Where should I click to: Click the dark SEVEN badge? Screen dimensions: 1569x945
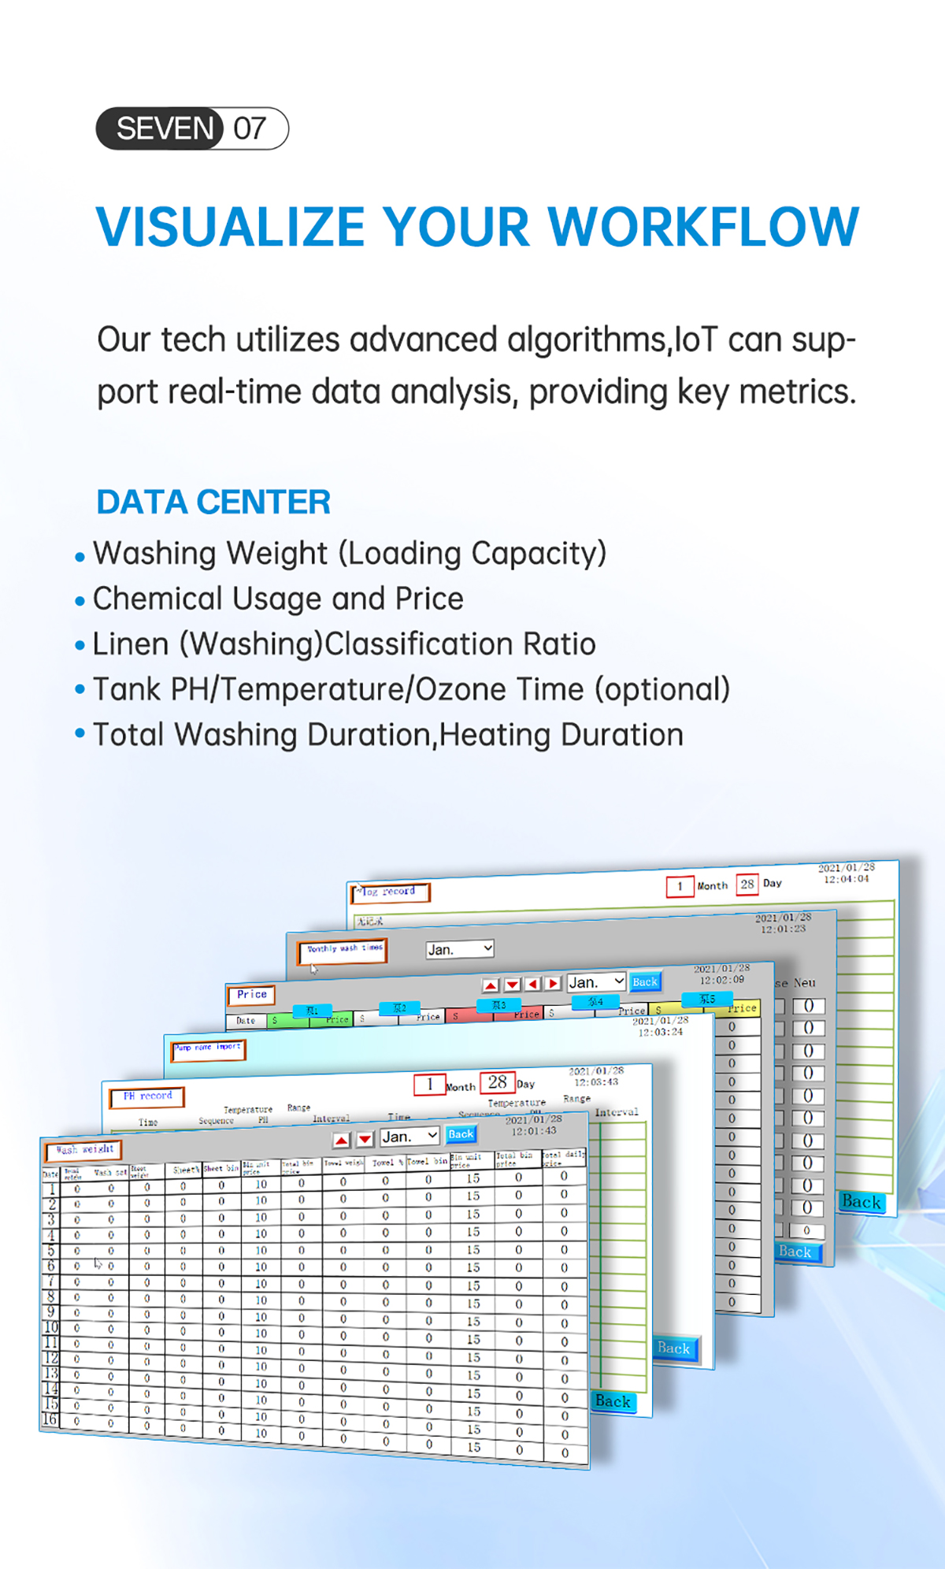coord(161,128)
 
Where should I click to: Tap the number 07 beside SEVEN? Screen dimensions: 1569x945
coord(250,128)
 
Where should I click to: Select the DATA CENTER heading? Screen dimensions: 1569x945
coord(213,502)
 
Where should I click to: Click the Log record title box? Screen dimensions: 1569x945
coord(390,892)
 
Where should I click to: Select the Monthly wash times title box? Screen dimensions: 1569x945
coord(343,950)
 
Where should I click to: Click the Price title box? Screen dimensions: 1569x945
coord(251,995)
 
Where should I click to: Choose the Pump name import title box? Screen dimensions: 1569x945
coord(209,1048)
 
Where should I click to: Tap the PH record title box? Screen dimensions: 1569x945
coord(147,1096)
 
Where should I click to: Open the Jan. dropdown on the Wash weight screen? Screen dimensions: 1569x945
coord(409,1137)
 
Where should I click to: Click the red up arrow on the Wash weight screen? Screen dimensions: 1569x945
coord(342,1140)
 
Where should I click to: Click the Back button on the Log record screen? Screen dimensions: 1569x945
coord(861,1201)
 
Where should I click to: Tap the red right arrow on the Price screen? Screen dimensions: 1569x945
coord(554,983)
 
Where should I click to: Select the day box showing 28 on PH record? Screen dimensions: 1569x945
coord(498,1083)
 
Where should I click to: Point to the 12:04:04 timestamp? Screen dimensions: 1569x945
coord(847,879)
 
